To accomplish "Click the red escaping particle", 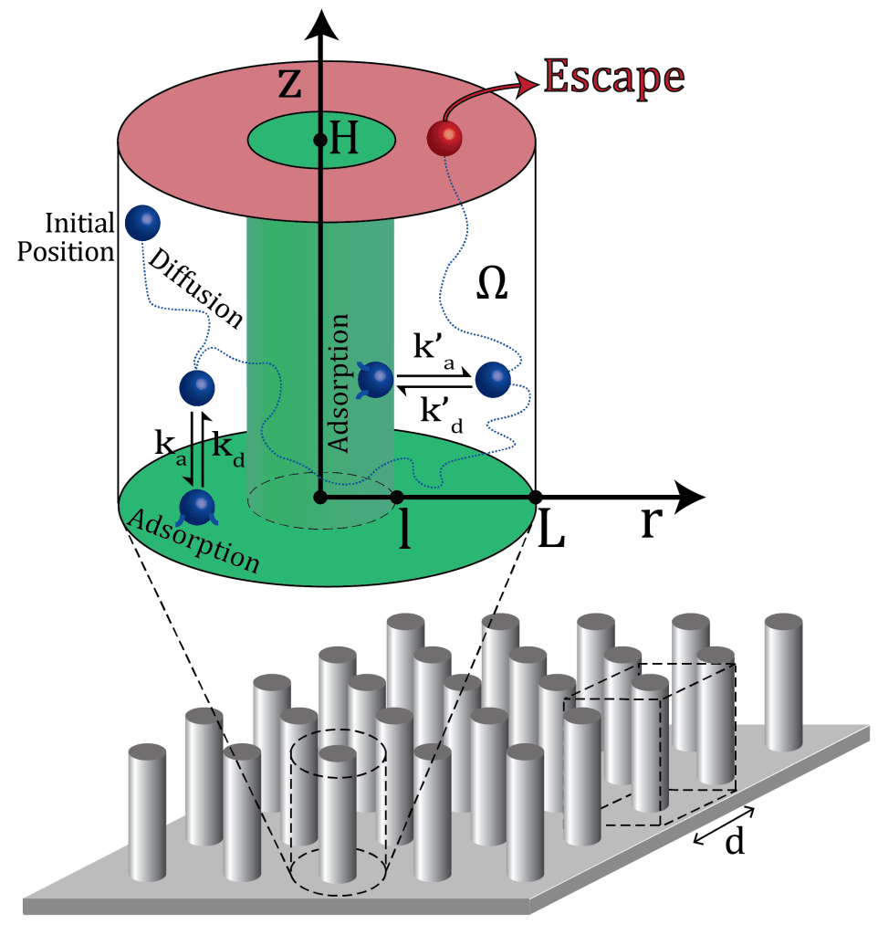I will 444,138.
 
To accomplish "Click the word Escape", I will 613,78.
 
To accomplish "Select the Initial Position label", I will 66,236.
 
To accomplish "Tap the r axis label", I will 652,523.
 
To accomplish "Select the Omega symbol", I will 492,286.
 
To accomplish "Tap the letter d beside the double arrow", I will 733,842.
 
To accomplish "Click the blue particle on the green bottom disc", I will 197,506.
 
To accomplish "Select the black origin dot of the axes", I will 319,497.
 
